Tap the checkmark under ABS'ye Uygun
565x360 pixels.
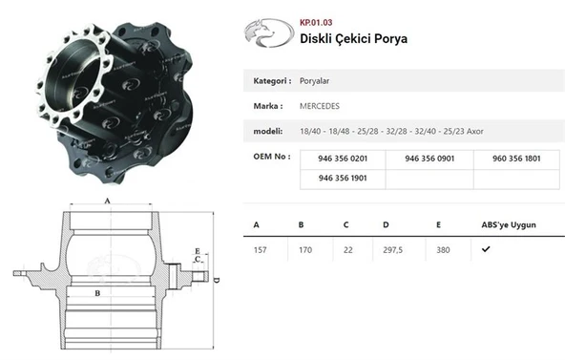pos(487,248)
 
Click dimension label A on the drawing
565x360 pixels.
pos(107,200)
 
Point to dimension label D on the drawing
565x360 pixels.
pos(217,280)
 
